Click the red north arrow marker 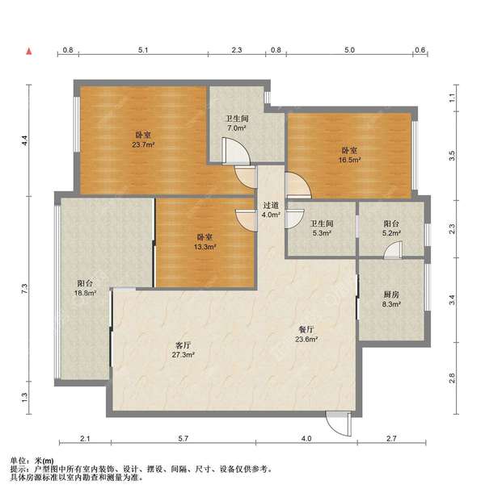point(29,52)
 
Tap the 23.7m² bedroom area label point(143,140)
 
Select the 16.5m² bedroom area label point(349,155)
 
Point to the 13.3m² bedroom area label point(205,242)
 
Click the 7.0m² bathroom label point(237,123)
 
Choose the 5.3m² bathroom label point(322,228)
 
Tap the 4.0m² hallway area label point(271,210)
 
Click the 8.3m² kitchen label point(391,299)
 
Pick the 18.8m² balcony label point(85,288)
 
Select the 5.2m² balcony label point(391,228)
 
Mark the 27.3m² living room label point(183,350)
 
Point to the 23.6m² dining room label point(306,334)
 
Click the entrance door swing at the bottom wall point(339,424)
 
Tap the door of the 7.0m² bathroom point(236,151)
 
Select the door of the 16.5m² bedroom point(298,186)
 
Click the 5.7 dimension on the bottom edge point(183,438)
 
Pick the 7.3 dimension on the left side point(25,289)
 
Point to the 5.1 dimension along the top point(143,50)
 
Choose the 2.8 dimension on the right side point(452,378)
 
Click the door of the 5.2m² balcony point(393,249)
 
